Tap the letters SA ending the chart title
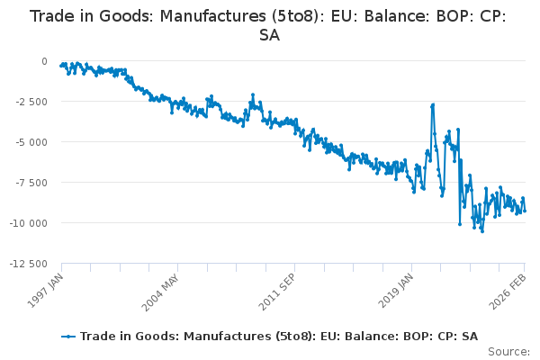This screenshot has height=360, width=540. (x=269, y=36)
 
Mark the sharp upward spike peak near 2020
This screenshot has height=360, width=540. (x=433, y=104)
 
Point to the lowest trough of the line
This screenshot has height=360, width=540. (x=482, y=231)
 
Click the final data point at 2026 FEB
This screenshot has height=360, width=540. (x=525, y=211)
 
